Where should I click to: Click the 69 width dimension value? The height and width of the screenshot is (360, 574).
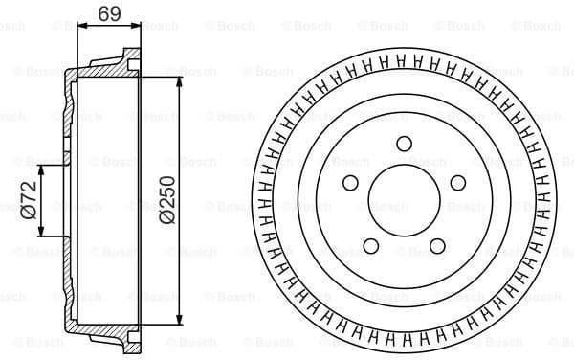click(108, 12)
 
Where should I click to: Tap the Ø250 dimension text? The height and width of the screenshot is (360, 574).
click(168, 199)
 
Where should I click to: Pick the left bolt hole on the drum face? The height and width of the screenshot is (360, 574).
click(349, 183)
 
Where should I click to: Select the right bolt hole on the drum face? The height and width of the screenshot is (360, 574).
click(457, 183)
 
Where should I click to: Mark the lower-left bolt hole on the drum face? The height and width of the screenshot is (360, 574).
click(369, 246)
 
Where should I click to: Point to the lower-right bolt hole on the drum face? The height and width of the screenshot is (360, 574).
click(436, 246)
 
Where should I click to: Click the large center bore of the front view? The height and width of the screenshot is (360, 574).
click(403, 202)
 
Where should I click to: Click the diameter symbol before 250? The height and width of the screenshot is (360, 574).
click(168, 218)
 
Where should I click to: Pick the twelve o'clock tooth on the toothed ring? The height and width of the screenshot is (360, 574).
click(403, 62)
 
